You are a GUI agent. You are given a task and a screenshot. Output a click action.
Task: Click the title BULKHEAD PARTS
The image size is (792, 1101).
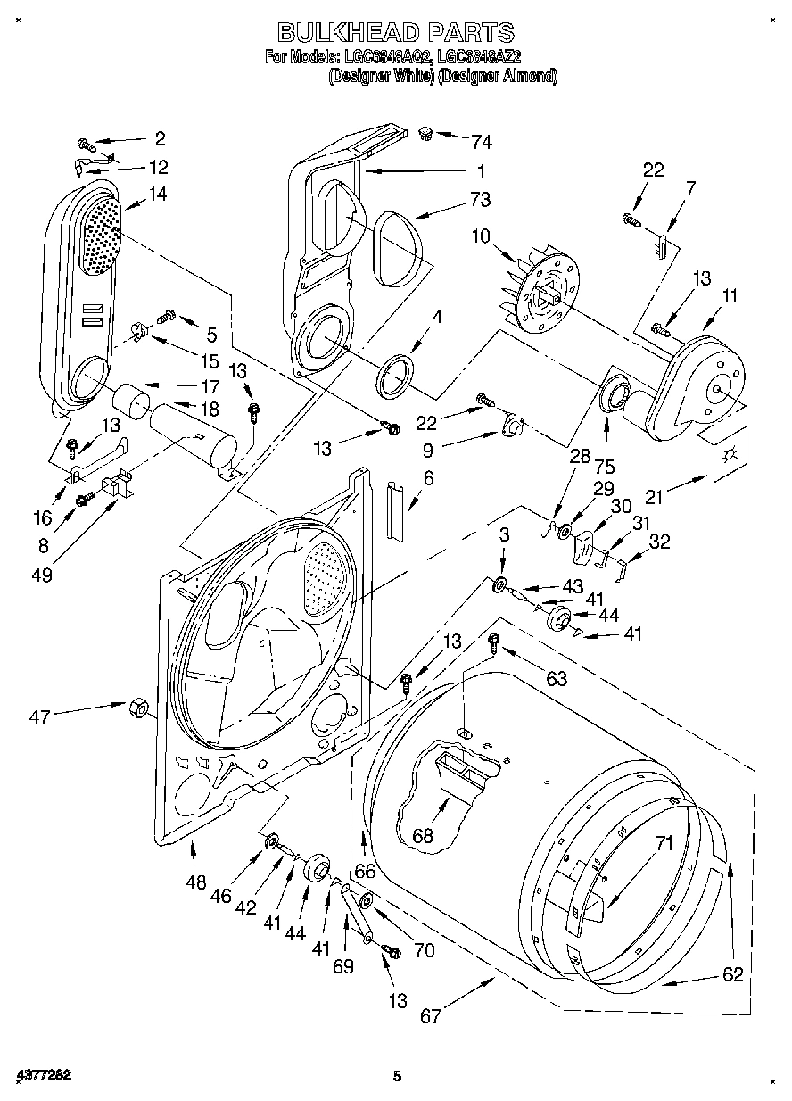(x=396, y=33)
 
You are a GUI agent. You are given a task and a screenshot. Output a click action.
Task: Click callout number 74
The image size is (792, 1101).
(x=482, y=141)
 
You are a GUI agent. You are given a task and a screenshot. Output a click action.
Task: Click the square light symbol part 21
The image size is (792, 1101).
(x=730, y=454)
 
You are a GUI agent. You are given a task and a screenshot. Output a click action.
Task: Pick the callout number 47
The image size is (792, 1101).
(x=41, y=714)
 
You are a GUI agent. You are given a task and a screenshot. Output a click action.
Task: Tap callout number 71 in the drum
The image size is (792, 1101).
(x=663, y=841)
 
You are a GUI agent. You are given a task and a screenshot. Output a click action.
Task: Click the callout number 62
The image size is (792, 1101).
(x=732, y=975)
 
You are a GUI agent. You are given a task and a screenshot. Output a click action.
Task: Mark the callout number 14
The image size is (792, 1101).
(x=158, y=194)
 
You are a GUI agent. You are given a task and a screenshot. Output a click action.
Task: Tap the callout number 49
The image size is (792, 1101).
(x=41, y=575)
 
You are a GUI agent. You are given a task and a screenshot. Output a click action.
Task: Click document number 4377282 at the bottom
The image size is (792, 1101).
(x=42, y=1075)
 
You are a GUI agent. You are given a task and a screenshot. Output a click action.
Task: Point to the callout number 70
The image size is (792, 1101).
(x=425, y=950)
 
